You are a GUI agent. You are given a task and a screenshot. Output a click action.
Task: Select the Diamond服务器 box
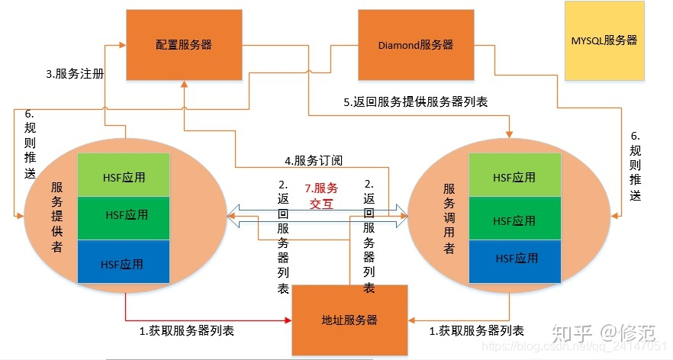pyautogui.click(x=415, y=45)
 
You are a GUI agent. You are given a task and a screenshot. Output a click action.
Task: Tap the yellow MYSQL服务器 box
pyautogui.click(x=604, y=41)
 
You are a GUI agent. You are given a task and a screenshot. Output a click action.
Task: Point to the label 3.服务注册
pyautogui.click(x=75, y=75)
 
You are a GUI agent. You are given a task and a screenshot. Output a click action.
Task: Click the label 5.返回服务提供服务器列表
pyautogui.click(x=415, y=101)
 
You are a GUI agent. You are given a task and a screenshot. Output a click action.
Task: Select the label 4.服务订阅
pyautogui.click(x=314, y=161)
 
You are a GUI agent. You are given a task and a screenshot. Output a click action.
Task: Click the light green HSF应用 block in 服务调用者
pyautogui.click(x=514, y=177)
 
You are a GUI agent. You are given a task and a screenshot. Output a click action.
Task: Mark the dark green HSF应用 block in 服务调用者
pyautogui.click(x=514, y=220)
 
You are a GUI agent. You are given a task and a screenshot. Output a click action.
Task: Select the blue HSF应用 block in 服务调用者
pyautogui.click(x=514, y=259)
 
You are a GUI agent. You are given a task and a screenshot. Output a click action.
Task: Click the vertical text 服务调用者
pyautogui.click(x=449, y=217)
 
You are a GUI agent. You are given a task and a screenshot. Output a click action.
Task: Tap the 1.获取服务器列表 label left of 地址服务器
pyautogui.click(x=186, y=331)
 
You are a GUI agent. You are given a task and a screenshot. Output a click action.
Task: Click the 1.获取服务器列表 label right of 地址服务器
pyautogui.click(x=476, y=331)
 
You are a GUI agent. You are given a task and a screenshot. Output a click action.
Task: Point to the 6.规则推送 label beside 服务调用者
pyautogui.click(x=635, y=164)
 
